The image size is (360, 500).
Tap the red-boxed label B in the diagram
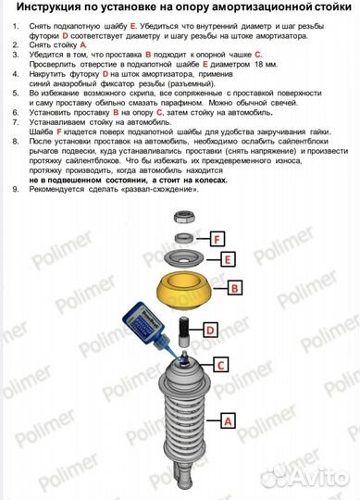coord(235,289)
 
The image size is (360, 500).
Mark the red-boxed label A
coord(227,419)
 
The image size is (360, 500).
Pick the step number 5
coord(14,94)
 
